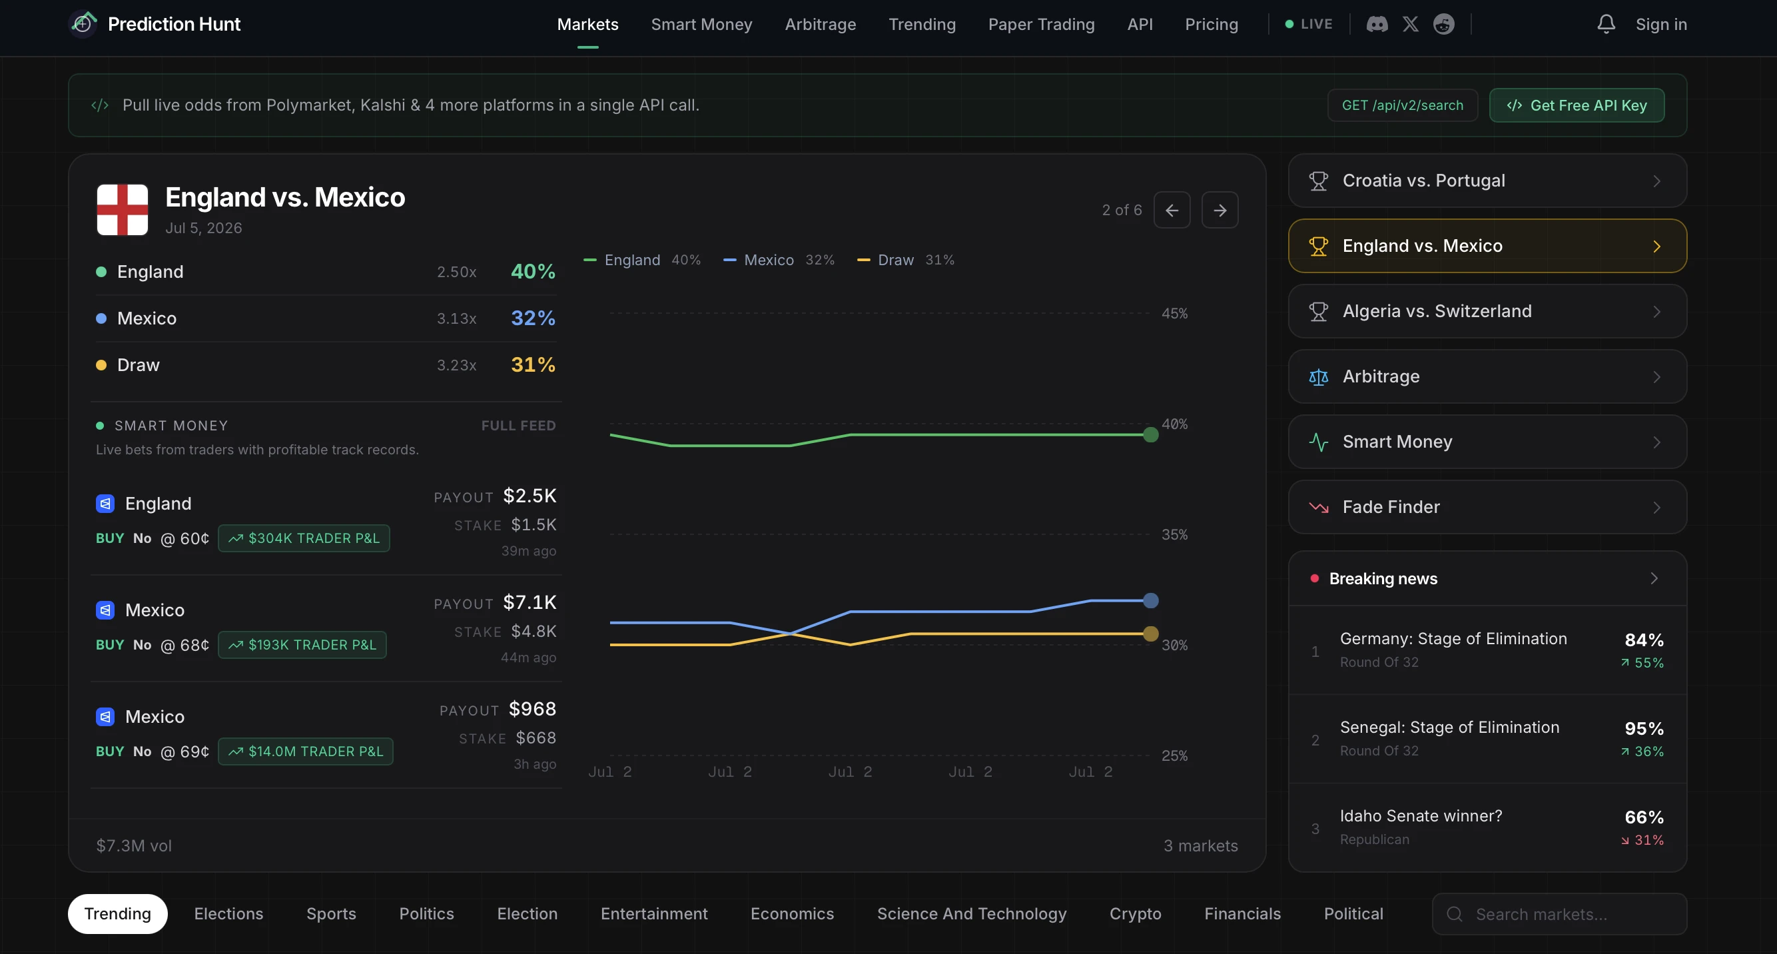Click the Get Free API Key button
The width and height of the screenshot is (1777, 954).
1577,105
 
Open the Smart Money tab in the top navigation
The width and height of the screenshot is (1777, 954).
701,24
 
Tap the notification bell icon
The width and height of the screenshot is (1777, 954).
1606,24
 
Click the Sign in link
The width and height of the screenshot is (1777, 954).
1661,24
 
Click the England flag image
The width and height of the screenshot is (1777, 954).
122,210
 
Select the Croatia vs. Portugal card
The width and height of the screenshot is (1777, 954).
1487,181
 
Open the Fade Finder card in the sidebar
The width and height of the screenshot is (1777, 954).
1487,507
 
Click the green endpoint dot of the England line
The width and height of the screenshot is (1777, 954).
1151,434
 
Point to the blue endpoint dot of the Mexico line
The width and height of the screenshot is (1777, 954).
1151,601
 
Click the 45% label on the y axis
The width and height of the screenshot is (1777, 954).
1174,313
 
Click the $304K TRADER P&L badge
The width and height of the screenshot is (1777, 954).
304,538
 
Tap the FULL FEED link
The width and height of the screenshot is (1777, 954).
519,426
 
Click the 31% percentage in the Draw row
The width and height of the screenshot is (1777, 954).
533,364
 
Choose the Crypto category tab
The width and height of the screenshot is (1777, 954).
1136,914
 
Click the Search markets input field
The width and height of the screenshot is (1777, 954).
1560,914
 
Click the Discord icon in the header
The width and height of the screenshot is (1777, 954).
1377,24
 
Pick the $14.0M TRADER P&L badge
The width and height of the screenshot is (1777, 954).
306,751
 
